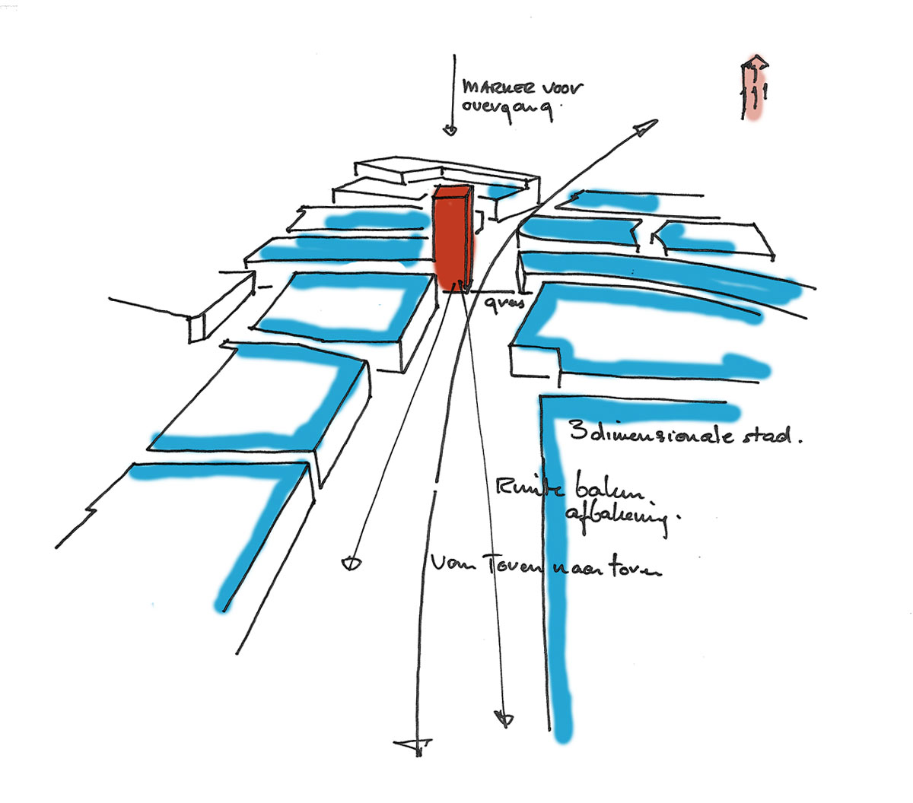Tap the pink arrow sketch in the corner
(x=754, y=87)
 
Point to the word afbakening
(x=616, y=519)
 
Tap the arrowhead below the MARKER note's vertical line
(x=450, y=131)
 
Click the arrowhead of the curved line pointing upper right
(x=645, y=127)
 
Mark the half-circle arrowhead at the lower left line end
(x=351, y=563)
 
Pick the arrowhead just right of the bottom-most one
(x=503, y=719)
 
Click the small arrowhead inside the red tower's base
(x=458, y=285)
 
